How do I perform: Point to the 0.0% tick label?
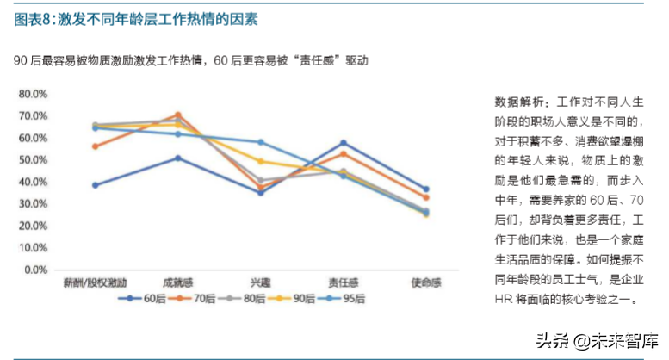click(x=34, y=270)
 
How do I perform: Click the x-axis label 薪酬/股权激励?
click(x=96, y=282)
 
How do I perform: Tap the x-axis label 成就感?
click(x=177, y=282)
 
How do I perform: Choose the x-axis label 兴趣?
click(x=260, y=282)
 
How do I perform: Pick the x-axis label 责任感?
click(x=343, y=282)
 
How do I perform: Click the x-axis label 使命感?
click(x=425, y=282)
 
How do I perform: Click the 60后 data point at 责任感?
click(x=343, y=143)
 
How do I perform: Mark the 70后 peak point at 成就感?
click(x=177, y=115)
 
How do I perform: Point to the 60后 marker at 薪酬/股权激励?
click(x=96, y=185)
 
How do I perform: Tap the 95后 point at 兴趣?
click(x=260, y=142)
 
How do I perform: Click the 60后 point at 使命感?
click(x=425, y=189)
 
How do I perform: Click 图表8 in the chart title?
click(x=31, y=18)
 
